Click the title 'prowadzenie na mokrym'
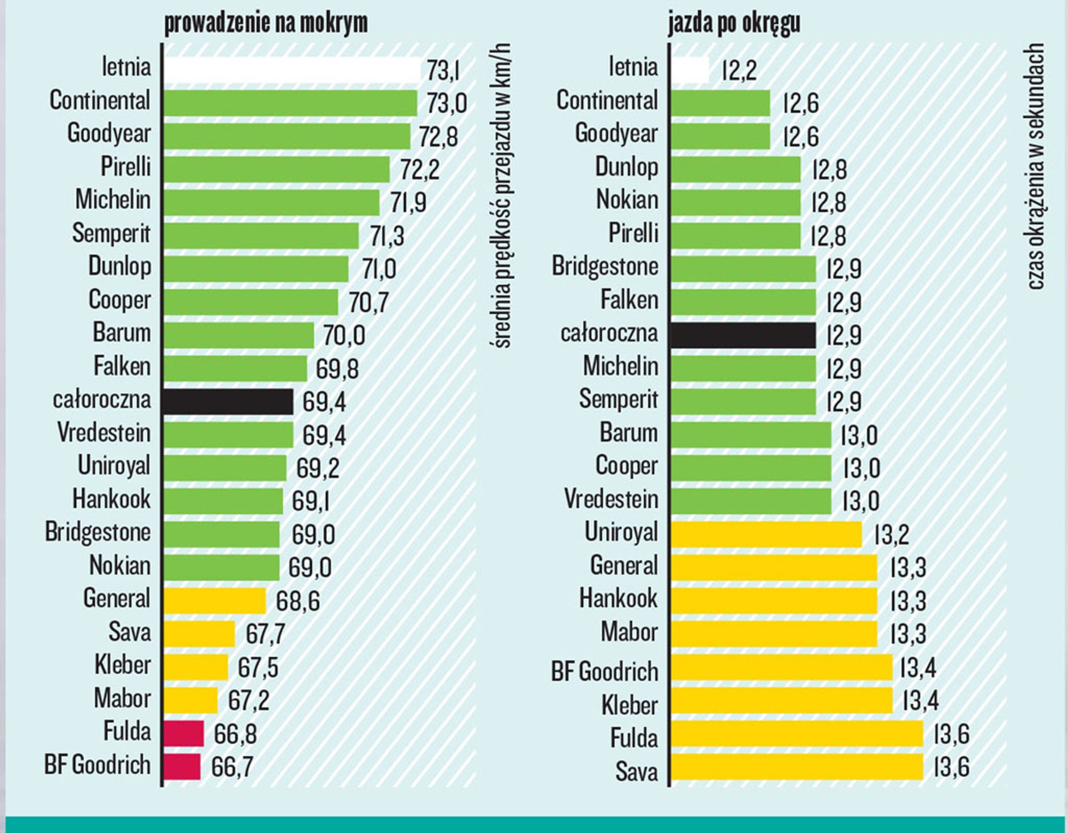266,23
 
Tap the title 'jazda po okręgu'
734,23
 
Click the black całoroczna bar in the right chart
743,335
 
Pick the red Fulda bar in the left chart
183,733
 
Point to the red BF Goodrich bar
182,767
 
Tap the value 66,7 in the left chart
232,767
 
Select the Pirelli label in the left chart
126,167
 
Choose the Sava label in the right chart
636,772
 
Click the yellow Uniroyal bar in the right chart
766,534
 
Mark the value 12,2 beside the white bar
739,71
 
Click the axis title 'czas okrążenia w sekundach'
1036,166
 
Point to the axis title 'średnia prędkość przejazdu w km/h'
500,196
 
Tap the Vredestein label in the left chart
104,433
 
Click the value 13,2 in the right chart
891,535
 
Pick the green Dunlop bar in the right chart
735,169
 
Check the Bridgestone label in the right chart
605,266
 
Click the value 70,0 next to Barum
344,336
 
